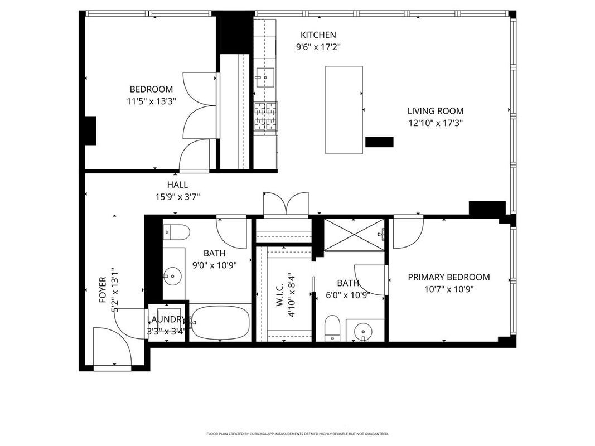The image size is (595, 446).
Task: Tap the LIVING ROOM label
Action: [435, 111]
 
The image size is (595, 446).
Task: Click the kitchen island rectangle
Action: [344, 110]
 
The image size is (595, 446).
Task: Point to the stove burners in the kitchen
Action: [266, 117]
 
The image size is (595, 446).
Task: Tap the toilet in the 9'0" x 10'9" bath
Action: [177, 230]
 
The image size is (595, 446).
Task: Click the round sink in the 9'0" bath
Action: [173, 275]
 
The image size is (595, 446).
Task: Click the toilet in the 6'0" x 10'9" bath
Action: [332, 328]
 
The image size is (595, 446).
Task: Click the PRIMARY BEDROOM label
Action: [448, 277]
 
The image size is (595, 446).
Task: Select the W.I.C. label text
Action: [279, 292]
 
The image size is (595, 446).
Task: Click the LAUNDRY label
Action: [166, 319]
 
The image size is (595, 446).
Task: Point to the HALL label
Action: [177, 185]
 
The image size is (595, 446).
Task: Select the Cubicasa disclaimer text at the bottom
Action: [297, 433]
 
